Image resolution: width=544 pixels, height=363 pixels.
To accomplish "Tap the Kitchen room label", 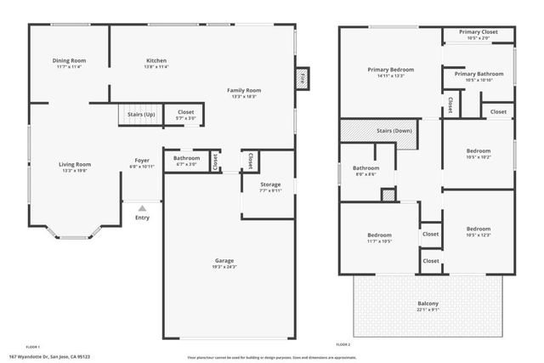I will tap(156, 60).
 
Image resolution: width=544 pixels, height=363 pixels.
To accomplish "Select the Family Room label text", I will tap(243, 90).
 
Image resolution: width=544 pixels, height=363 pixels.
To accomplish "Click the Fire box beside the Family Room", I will tap(302, 79).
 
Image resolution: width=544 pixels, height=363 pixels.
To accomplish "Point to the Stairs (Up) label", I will tap(141, 114).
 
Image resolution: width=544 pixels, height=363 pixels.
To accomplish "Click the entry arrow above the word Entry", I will tap(142, 207).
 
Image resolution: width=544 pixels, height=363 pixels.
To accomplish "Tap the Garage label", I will tap(224, 260).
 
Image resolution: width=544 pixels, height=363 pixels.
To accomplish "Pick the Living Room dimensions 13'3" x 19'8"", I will tap(74, 171).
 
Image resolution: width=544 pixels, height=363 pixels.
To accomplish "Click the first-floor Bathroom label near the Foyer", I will tap(187, 158).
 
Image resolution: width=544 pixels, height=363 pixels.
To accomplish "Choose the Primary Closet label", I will tap(479, 32).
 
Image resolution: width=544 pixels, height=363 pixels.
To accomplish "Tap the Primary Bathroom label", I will tap(478, 74).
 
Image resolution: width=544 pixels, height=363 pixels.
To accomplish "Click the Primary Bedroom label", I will tap(390, 69).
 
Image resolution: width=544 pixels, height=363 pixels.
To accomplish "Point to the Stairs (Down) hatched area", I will tap(380, 132).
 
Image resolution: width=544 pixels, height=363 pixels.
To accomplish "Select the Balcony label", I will tap(428, 303).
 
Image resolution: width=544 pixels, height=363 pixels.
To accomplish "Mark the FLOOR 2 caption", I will tap(343, 345).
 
